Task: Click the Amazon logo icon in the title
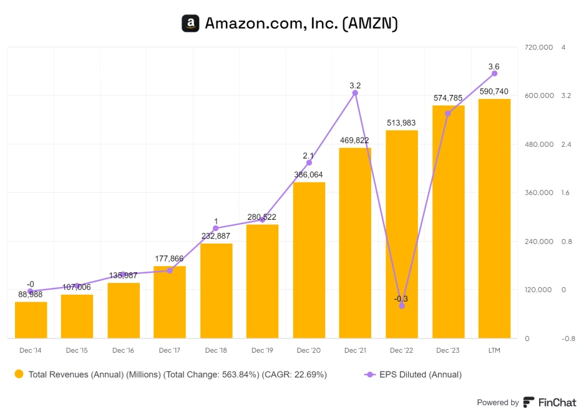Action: coord(190,24)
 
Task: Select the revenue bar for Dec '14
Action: coord(31,320)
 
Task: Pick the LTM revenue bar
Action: coord(494,219)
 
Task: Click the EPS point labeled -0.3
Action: coord(402,305)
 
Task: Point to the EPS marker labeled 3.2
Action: coord(355,93)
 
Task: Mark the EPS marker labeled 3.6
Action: coord(494,74)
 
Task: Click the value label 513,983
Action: coord(401,123)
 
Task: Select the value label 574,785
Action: coord(448,98)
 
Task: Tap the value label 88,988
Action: coord(31,294)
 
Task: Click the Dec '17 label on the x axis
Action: coord(170,350)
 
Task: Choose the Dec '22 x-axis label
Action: coord(401,350)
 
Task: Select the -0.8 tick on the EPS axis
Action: coord(567,339)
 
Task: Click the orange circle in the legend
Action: coord(19,374)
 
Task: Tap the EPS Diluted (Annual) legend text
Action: coord(421,375)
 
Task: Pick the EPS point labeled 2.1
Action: coord(309,162)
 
